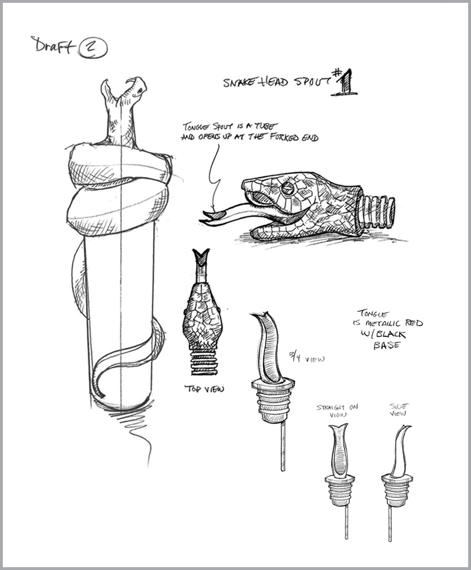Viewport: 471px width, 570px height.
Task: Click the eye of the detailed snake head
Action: coord(289,188)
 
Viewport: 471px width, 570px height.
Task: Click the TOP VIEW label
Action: coord(204,388)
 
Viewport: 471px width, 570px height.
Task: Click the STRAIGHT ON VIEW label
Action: coord(337,411)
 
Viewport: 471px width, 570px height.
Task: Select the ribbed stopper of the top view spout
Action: coord(204,361)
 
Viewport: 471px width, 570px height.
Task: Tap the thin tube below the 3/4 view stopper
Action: coord(282,446)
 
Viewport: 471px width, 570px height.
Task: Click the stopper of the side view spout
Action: coord(398,489)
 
